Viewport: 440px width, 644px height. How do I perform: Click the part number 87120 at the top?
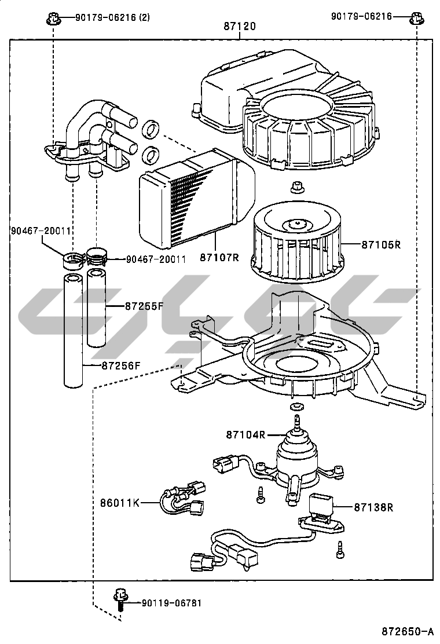click(x=240, y=27)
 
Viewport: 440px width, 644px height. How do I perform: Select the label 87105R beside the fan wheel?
click(x=381, y=244)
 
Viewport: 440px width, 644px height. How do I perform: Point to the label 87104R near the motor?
click(x=245, y=434)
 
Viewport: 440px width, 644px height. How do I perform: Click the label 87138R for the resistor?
click(x=373, y=507)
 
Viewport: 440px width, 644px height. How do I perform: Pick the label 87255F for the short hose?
click(x=144, y=306)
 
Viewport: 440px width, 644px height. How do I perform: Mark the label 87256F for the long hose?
click(x=122, y=365)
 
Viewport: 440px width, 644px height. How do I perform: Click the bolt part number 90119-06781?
click(x=172, y=603)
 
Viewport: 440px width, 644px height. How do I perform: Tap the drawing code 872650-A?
click(x=407, y=631)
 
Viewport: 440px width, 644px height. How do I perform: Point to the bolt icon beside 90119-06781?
click(x=120, y=599)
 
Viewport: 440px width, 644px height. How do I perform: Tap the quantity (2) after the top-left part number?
click(x=144, y=17)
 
